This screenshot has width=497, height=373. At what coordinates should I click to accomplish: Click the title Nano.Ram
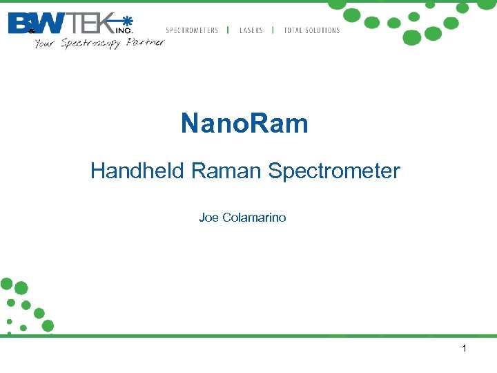(244, 124)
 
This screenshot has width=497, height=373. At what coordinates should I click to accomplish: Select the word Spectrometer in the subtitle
(334, 171)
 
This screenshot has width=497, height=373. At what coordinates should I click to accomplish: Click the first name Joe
(208, 218)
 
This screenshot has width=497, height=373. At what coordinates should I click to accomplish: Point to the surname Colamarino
(254, 218)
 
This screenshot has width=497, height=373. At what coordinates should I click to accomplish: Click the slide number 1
(464, 349)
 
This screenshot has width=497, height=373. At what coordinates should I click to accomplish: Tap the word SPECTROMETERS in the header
(192, 30)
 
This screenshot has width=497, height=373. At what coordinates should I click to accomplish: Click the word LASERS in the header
(251, 30)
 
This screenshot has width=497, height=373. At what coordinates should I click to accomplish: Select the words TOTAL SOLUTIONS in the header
(312, 30)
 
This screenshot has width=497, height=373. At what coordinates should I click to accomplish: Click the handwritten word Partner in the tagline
(146, 42)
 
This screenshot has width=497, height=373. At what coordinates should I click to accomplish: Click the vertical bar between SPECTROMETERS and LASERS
(228, 30)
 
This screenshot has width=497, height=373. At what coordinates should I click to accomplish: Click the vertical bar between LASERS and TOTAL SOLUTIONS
(273, 30)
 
